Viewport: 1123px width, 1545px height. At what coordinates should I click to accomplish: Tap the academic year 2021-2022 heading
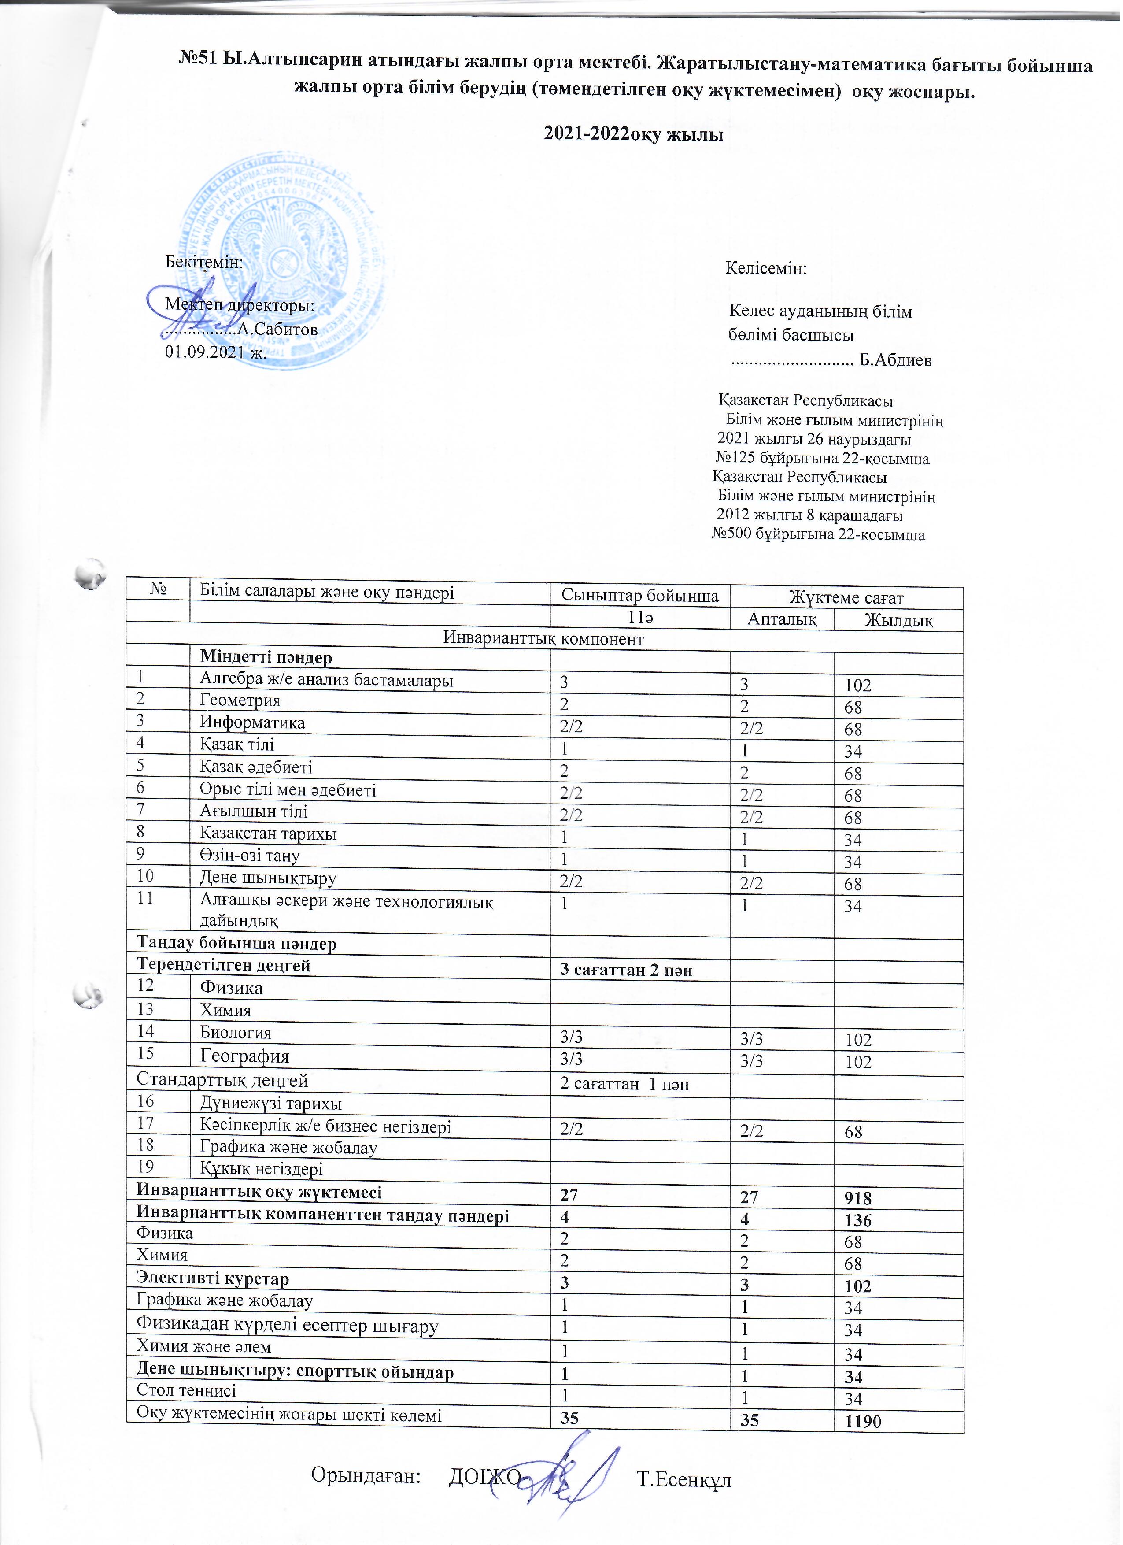click(x=633, y=134)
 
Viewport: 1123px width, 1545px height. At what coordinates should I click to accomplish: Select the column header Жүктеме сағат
click(x=846, y=597)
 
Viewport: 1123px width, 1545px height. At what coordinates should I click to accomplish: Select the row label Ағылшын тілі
click(x=253, y=811)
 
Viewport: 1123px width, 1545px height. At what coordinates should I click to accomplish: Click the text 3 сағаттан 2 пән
click(x=626, y=970)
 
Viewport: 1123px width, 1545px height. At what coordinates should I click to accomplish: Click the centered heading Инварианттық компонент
click(x=543, y=639)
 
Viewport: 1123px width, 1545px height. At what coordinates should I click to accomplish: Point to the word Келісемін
click(x=766, y=268)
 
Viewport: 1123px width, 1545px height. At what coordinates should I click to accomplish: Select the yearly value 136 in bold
click(x=857, y=1240)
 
